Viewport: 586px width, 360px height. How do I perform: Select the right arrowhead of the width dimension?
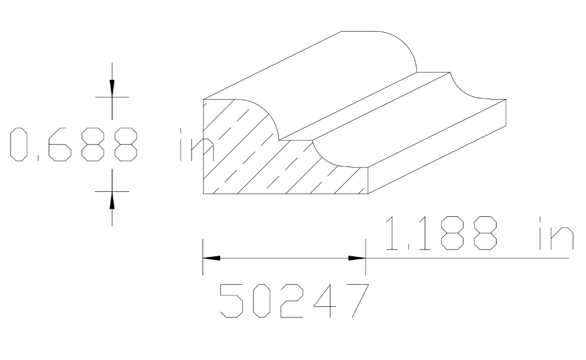click(x=357, y=258)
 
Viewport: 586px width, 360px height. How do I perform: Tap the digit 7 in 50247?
click(x=356, y=300)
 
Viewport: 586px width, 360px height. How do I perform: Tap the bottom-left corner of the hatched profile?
click(x=204, y=194)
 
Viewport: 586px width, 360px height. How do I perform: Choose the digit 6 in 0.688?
click(x=59, y=145)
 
